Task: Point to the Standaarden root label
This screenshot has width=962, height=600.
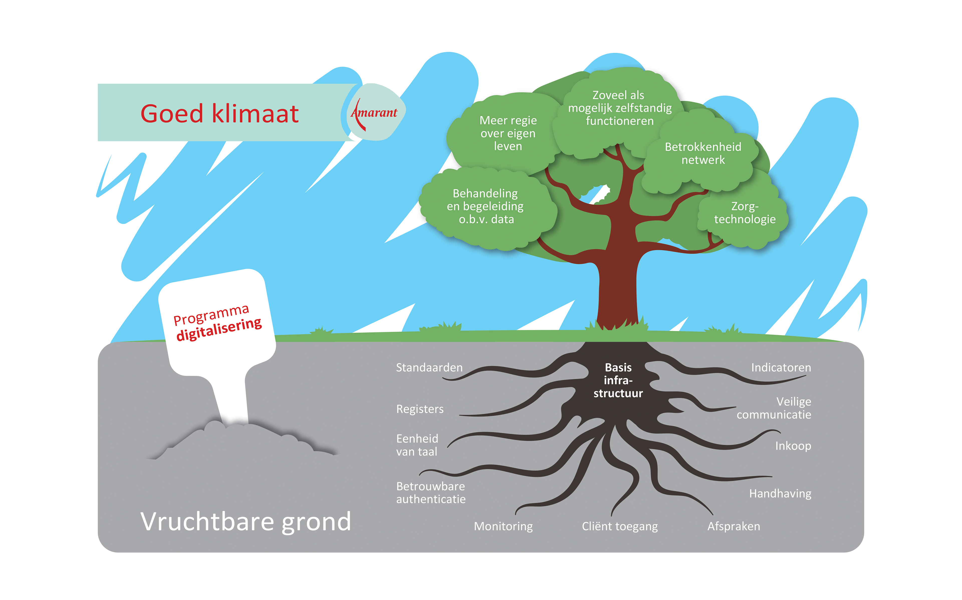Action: click(x=429, y=367)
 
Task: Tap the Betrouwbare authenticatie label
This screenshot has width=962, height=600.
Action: click(x=431, y=493)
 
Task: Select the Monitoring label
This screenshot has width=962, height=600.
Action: click(x=503, y=526)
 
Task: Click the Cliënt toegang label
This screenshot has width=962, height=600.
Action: click(x=620, y=526)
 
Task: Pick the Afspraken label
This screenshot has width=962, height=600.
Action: click(x=734, y=526)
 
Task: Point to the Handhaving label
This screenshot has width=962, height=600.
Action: click(x=780, y=493)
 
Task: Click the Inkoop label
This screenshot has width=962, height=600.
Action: click(x=793, y=446)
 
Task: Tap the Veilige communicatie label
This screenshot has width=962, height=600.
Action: click(x=774, y=408)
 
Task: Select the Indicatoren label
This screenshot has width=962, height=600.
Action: click(x=781, y=367)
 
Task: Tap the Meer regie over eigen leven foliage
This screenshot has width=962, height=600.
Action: click(x=508, y=133)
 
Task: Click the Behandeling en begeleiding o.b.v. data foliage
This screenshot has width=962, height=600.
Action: click(x=486, y=206)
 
